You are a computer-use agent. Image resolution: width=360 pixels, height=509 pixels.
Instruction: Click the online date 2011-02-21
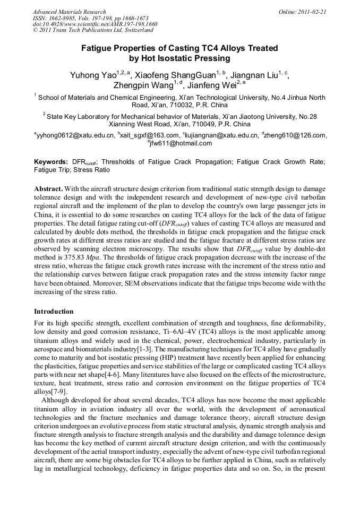(313, 12)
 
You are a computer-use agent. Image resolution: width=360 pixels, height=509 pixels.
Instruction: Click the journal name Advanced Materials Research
(69, 12)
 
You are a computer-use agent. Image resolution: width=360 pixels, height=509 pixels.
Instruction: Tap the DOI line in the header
(95, 24)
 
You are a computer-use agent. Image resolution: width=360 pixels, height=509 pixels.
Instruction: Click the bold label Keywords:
(51, 162)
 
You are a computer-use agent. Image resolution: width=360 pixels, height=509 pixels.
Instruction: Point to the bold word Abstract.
(49, 188)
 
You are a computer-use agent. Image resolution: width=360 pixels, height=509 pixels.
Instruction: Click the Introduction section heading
(54, 312)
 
